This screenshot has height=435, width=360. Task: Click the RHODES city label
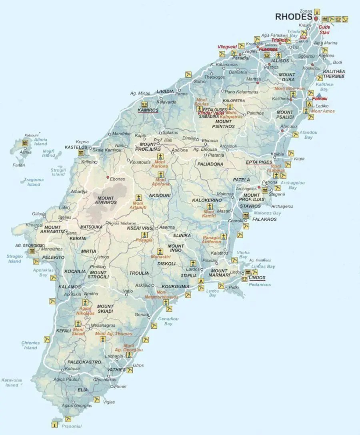pyautogui.click(x=293, y=17)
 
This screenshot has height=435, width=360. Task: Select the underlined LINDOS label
pyautogui.click(x=256, y=277)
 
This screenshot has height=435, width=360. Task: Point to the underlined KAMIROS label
pyautogui.click(x=148, y=110)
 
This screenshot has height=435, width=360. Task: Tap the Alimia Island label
pyautogui.click(x=40, y=142)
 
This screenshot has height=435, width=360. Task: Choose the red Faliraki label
pyautogui.click(x=320, y=98)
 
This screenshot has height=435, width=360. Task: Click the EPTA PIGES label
pyautogui.click(x=258, y=162)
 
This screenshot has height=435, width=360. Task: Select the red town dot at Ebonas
pyautogui.click(x=107, y=177)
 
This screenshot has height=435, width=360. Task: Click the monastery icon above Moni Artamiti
pyautogui.click(x=139, y=198)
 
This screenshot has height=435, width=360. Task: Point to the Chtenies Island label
pyautogui.click(x=30, y=345)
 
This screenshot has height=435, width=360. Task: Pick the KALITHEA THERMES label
pyautogui.click(x=334, y=74)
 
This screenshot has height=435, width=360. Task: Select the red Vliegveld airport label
pyautogui.click(x=227, y=47)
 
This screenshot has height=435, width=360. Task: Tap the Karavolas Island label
pyautogui.click(x=12, y=383)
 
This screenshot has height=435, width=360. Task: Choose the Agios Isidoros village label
pyautogui.click(x=123, y=223)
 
